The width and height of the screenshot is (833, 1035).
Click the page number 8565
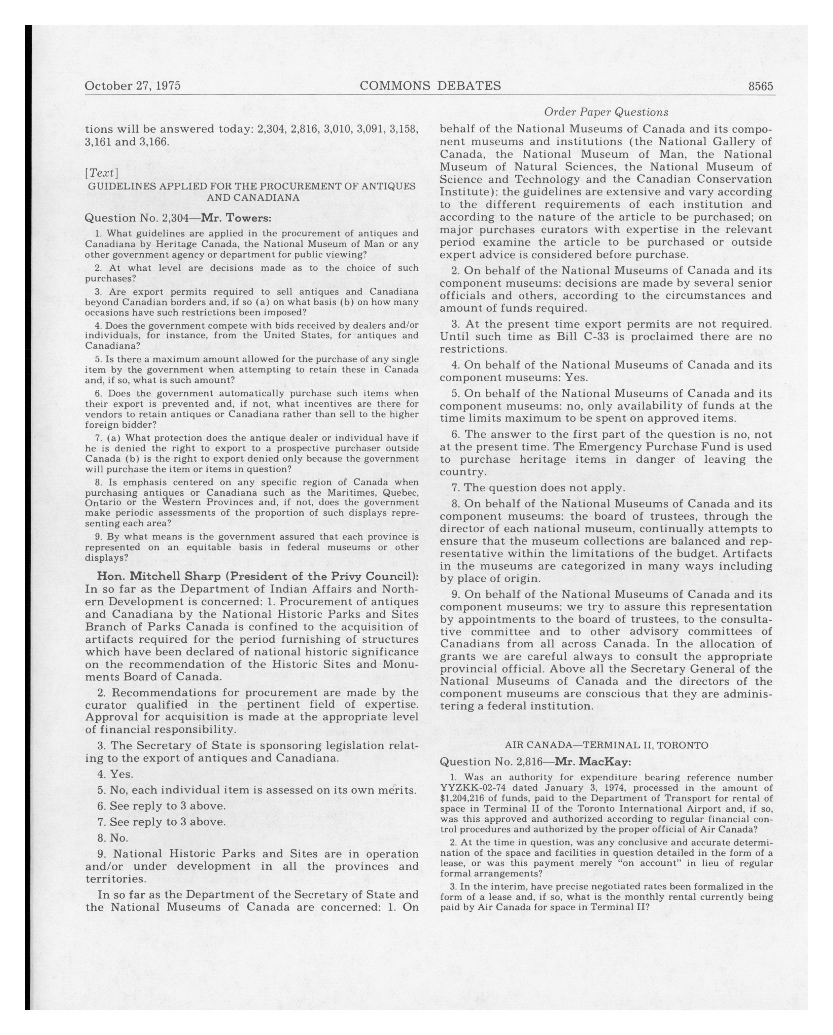[x=761, y=86]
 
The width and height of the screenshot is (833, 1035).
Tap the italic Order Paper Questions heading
[x=606, y=112]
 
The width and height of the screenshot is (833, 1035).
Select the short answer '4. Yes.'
[x=115, y=774]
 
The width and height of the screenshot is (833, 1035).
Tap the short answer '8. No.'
[x=113, y=838]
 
